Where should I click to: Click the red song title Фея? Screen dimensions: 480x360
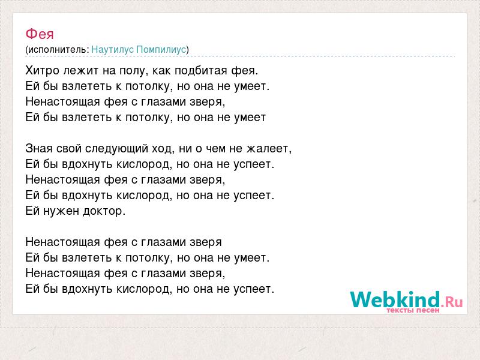click(x=40, y=34)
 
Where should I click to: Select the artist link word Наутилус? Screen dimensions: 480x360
click(x=112, y=50)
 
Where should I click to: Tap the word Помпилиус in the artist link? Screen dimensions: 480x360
click(x=161, y=50)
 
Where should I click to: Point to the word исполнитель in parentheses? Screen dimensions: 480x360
click(x=58, y=50)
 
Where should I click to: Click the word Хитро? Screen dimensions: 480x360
click(x=42, y=71)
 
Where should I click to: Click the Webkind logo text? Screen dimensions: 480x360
click(x=395, y=299)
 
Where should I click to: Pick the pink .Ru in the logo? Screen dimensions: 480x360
click(x=452, y=302)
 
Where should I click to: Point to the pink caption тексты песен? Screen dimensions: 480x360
click(x=413, y=310)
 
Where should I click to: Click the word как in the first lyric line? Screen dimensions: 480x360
click(x=161, y=71)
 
